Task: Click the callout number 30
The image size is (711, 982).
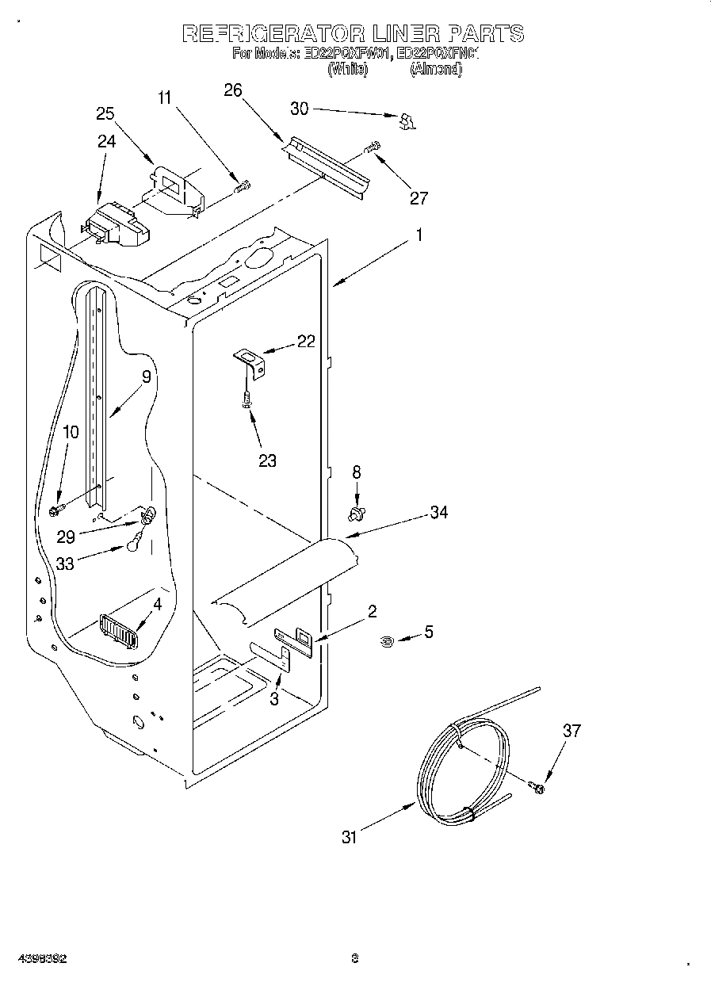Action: tap(300, 109)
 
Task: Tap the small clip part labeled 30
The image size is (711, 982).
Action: tap(407, 120)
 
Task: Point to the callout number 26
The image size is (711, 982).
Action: tap(232, 90)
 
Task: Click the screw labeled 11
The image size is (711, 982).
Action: tap(243, 187)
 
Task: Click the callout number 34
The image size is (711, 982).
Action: tap(438, 512)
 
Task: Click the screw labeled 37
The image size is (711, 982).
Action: tap(536, 786)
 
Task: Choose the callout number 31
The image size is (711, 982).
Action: tap(350, 836)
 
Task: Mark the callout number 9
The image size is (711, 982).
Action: tap(146, 377)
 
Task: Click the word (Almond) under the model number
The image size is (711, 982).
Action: tap(435, 69)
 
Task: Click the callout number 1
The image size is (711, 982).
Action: tap(419, 235)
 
